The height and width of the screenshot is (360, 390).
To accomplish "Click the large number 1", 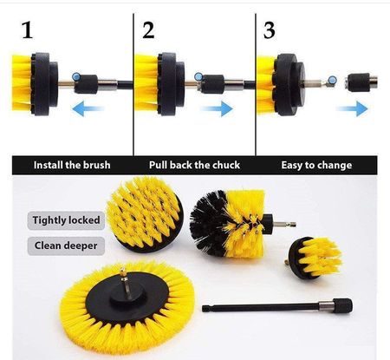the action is [x=28, y=30].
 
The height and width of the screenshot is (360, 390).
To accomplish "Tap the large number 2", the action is [x=148, y=30].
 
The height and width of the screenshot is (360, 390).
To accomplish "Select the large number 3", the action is [x=270, y=30].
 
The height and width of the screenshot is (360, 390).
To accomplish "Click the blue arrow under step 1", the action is [x=88, y=108].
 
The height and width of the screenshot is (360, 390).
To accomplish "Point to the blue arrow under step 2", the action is [x=217, y=108].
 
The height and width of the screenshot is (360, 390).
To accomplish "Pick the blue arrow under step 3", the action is [x=352, y=108].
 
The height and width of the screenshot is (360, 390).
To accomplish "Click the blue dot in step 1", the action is [x=76, y=77].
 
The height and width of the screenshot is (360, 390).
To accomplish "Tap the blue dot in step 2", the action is [x=198, y=77].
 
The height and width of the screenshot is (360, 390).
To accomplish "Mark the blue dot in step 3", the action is [x=333, y=80].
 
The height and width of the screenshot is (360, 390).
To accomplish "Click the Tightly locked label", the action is [x=66, y=220].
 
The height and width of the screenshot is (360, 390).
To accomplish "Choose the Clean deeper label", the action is [x=66, y=245].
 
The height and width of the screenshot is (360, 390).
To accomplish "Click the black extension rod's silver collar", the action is [x=326, y=305].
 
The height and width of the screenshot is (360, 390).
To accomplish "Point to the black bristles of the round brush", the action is [x=208, y=223].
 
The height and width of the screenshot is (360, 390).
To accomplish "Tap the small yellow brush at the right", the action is [x=315, y=258].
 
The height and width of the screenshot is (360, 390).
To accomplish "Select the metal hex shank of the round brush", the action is [x=284, y=225].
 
